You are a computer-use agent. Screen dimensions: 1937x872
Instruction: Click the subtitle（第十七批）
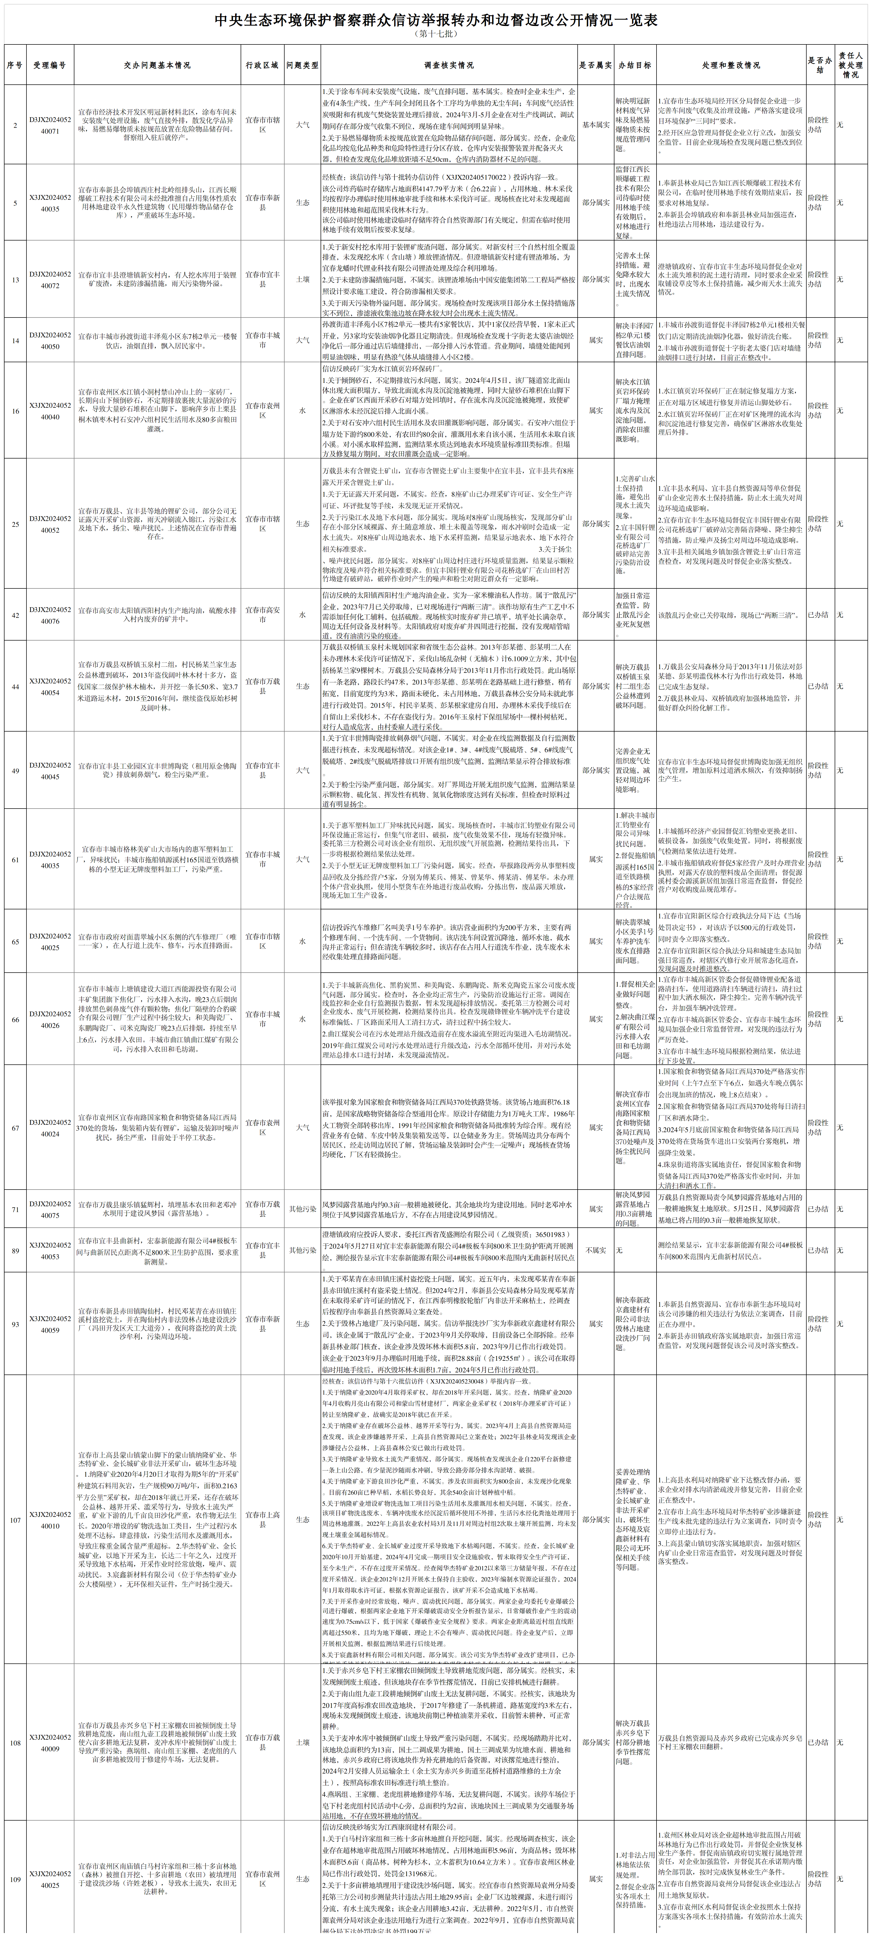click(436, 34)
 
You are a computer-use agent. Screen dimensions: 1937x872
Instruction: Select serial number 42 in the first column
click(15, 614)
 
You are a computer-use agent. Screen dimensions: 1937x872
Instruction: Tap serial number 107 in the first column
click(15, 1519)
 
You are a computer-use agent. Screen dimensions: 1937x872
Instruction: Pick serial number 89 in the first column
click(15, 1250)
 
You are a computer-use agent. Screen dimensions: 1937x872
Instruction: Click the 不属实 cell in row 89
click(595, 1250)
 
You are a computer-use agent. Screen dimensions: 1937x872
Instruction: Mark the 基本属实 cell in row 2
click(595, 125)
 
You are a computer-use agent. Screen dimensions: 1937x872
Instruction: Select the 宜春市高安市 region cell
click(262, 614)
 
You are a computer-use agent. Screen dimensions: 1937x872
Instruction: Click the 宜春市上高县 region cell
click(262, 1519)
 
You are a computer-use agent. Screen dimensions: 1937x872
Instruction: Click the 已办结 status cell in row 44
click(818, 686)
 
